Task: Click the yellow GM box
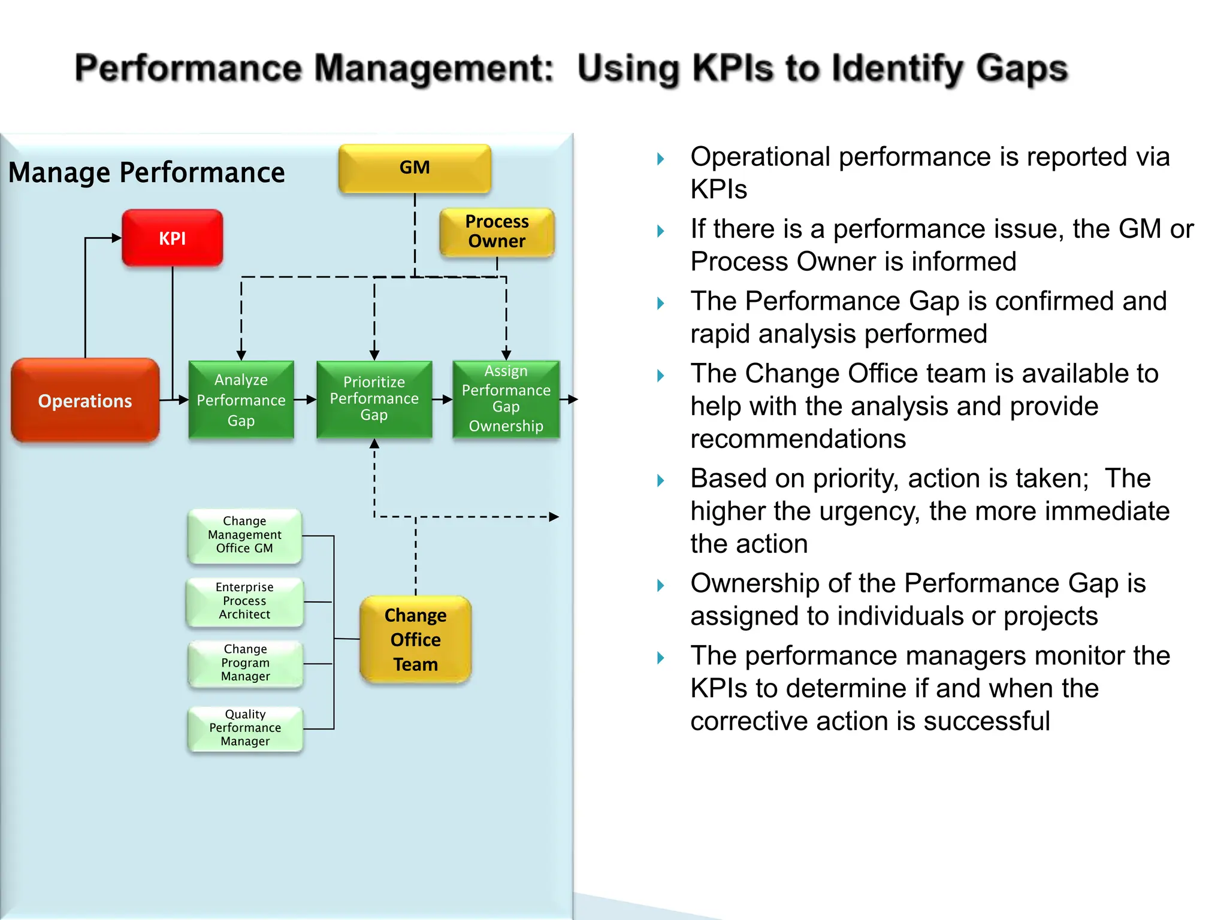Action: click(415, 168)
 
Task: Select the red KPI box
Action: click(173, 238)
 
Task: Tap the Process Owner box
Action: click(497, 232)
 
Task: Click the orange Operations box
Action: click(85, 401)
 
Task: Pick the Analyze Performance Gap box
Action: click(241, 400)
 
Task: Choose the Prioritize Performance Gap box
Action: click(374, 399)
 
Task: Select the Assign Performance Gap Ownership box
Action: click(506, 399)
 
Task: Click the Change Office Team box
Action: click(415, 639)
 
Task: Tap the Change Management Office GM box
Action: click(244, 535)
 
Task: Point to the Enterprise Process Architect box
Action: click(244, 601)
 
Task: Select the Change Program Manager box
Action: click(245, 663)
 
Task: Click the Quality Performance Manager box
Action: click(245, 728)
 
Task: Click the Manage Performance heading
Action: click(147, 172)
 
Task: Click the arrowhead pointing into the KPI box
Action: click(117, 238)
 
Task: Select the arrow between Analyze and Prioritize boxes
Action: click(306, 400)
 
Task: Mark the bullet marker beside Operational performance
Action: click(660, 159)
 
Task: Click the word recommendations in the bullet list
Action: click(797, 439)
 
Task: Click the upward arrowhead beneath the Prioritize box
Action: click(374, 444)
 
